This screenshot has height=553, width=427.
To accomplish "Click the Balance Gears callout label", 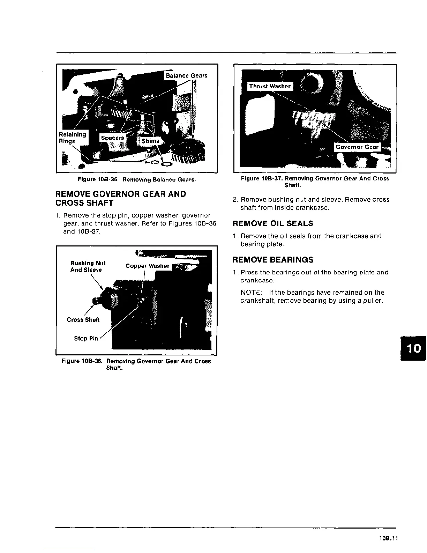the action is [x=186, y=76].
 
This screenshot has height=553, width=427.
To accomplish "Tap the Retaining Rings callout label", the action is [x=72, y=138].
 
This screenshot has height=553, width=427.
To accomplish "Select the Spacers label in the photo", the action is [x=112, y=138].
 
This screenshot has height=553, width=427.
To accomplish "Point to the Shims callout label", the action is [x=150, y=141].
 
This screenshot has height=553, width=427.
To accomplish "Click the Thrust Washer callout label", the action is [x=270, y=86].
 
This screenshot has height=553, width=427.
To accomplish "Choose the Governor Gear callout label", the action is [x=357, y=147].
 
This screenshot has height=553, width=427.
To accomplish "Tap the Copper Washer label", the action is [x=147, y=266].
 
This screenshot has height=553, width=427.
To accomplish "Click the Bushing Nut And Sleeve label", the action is [x=88, y=266].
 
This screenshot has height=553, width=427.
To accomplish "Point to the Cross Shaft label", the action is [x=83, y=320].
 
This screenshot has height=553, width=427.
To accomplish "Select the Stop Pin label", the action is [x=86, y=338].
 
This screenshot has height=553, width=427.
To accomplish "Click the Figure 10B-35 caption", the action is [x=137, y=180].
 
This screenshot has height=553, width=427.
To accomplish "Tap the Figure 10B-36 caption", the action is [x=136, y=364].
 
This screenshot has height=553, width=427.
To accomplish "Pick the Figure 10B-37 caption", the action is [x=315, y=182].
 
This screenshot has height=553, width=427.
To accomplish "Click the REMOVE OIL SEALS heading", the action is [x=273, y=223].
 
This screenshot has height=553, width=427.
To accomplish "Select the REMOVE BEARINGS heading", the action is [x=273, y=260].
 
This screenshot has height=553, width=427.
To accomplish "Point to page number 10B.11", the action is [x=388, y=538].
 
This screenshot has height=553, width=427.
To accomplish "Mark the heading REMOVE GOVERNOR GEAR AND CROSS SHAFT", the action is [x=121, y=198].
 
